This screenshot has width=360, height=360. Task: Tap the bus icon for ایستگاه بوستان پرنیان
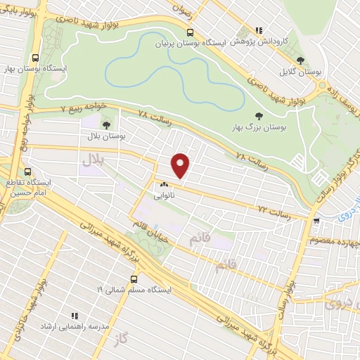point(190,32)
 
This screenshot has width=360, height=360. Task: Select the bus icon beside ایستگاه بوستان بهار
point(36,59)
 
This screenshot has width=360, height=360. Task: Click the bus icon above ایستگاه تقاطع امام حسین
point(27,172)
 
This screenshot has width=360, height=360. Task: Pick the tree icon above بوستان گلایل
point(301,61)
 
